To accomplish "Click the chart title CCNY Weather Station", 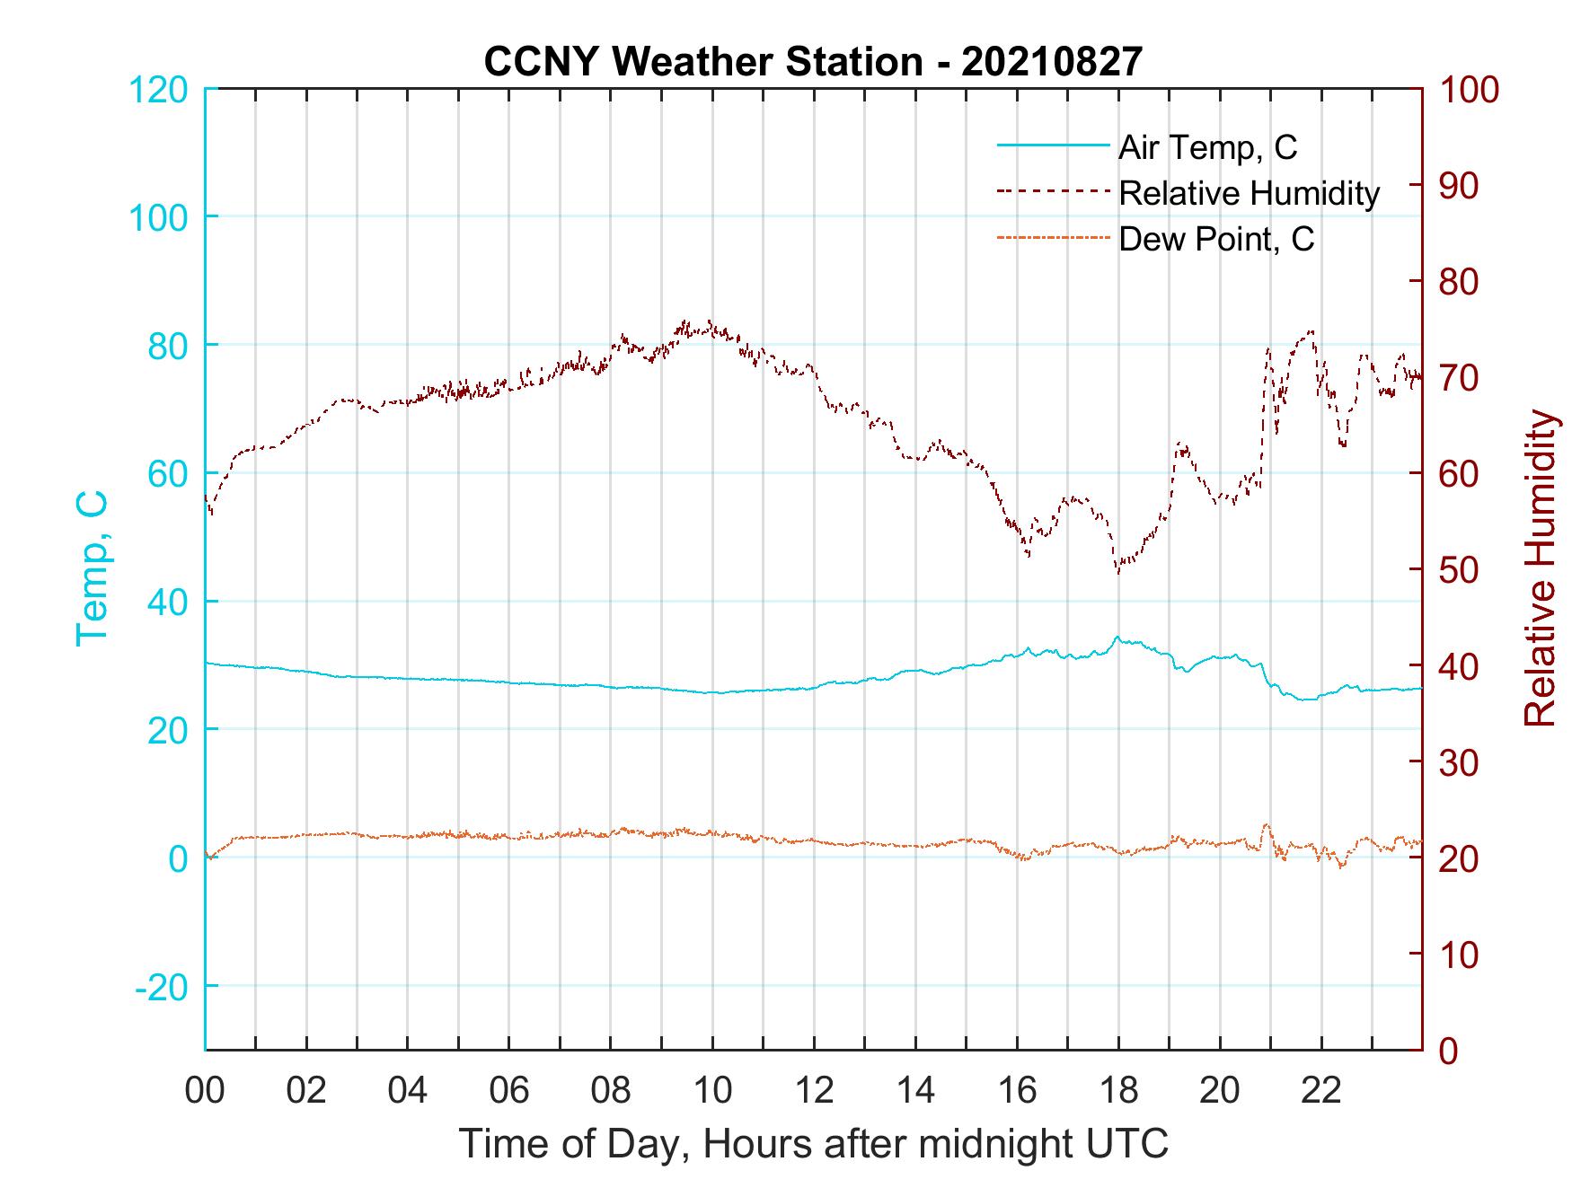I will tap(813, 61).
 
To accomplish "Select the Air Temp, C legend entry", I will tap(1207, 147).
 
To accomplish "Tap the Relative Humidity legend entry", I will tap(1249, 193).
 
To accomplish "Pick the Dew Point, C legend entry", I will tap(1216, 239).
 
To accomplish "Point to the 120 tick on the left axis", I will tap(159, 90).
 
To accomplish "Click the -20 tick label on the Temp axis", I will tap(162, 987).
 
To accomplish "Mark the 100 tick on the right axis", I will tap(1469, 90).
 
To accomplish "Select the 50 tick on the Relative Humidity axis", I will tap(1461, 570).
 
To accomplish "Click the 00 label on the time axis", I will tap(205, 1091).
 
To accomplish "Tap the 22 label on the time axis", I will tap(1321, 1091).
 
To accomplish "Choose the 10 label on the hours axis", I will tap(712, 1091).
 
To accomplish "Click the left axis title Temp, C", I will tap(92, 568).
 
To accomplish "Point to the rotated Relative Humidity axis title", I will tap(1540, 568).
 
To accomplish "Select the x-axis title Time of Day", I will tap(813, 1144).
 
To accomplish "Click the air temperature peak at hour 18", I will tap(1117, 638).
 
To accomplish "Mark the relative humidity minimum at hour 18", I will tap(1118, 572).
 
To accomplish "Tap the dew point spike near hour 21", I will tap(1267, 824).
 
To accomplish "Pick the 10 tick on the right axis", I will tap(1461, 955).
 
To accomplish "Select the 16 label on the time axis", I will tap(1017, 1091).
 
